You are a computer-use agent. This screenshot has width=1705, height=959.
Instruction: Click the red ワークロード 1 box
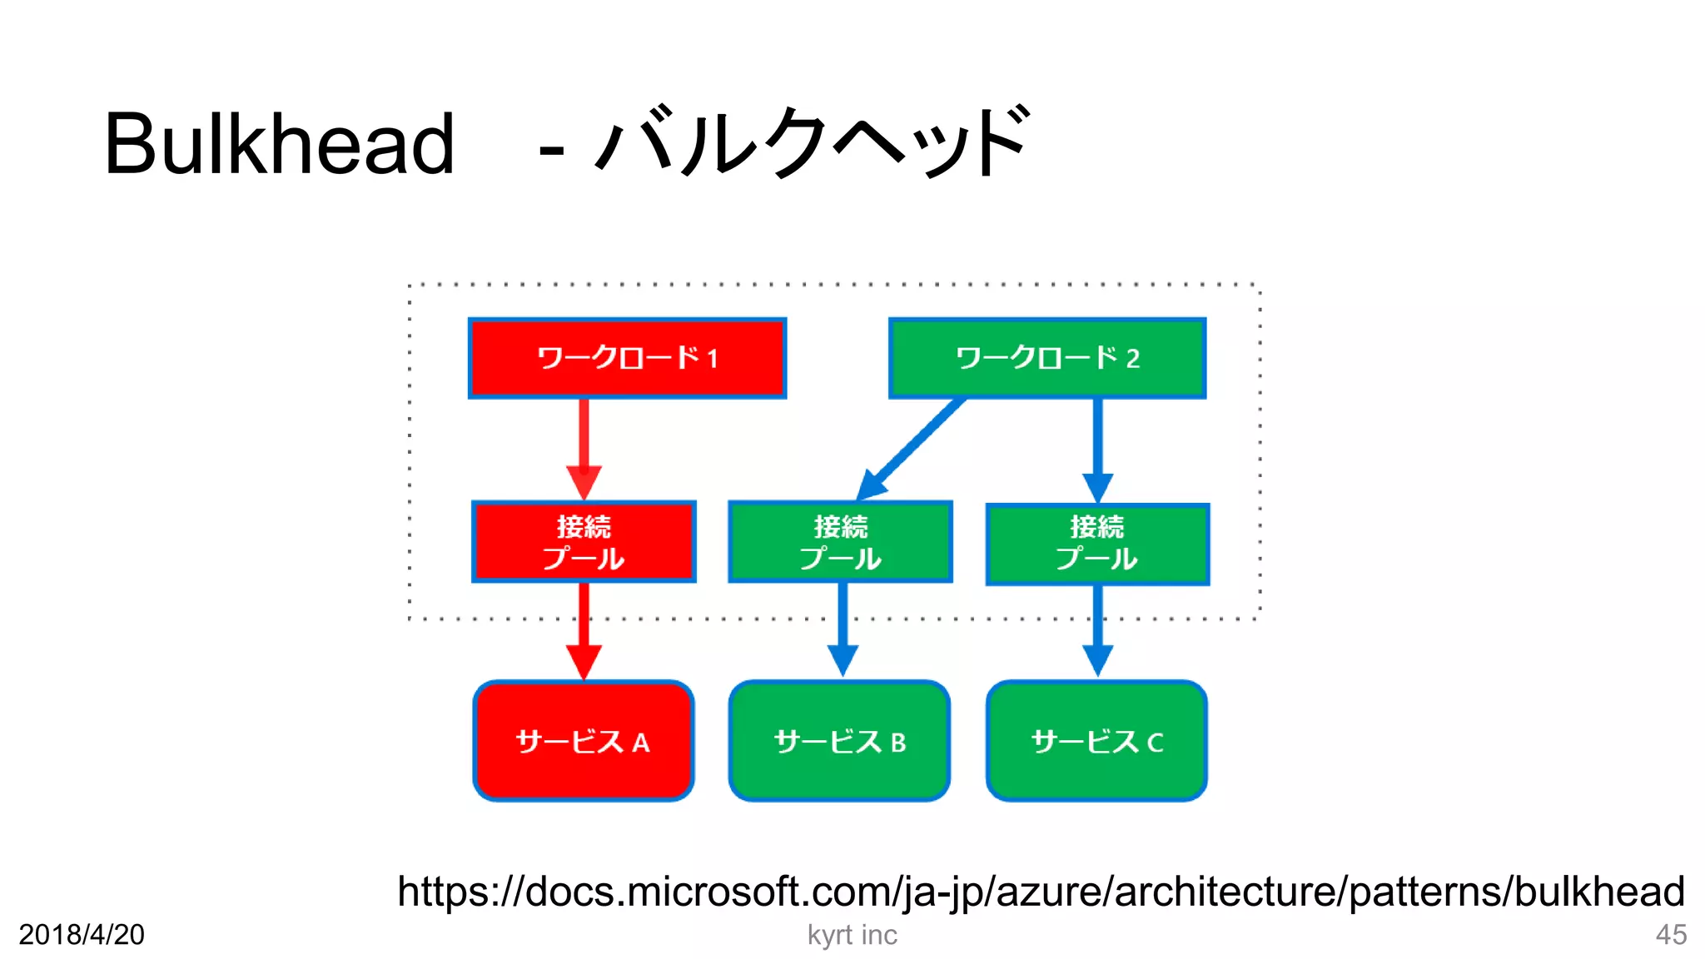[x=627, y=358]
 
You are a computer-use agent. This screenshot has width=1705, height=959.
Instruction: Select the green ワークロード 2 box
[x=1047, y=358]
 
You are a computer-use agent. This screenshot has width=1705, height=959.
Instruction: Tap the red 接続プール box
[x=584, y=542]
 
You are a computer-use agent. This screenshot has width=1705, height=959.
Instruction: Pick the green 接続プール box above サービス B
[x=840, y=542]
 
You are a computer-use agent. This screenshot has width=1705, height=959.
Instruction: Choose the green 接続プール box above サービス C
[x=1097, y=544]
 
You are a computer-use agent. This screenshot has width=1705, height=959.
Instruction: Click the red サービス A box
[x=584, y=741]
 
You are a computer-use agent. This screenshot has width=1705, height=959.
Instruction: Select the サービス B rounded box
[x=839, y=741]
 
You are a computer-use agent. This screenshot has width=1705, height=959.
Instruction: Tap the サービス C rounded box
[x=1096, y=741]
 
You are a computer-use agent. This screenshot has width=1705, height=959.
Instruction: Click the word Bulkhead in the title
[x=279, y=145]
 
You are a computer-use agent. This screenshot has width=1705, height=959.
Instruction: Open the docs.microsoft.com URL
[x=1041, y=892]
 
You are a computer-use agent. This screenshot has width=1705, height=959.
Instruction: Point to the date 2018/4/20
[x=82, y=935]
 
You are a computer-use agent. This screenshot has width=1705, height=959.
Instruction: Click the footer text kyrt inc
[x=852, y=935]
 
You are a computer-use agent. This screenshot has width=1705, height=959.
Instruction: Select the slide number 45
[x=1670, y=935]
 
